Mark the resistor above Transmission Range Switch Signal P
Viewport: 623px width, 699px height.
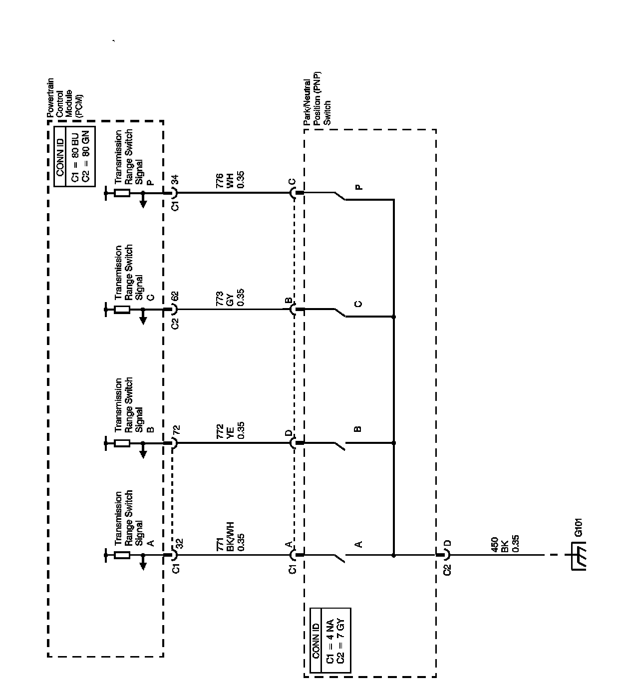point(122,193)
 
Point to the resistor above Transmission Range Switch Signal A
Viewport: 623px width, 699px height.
point(122,555)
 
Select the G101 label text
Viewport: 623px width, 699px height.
point(579,528)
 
